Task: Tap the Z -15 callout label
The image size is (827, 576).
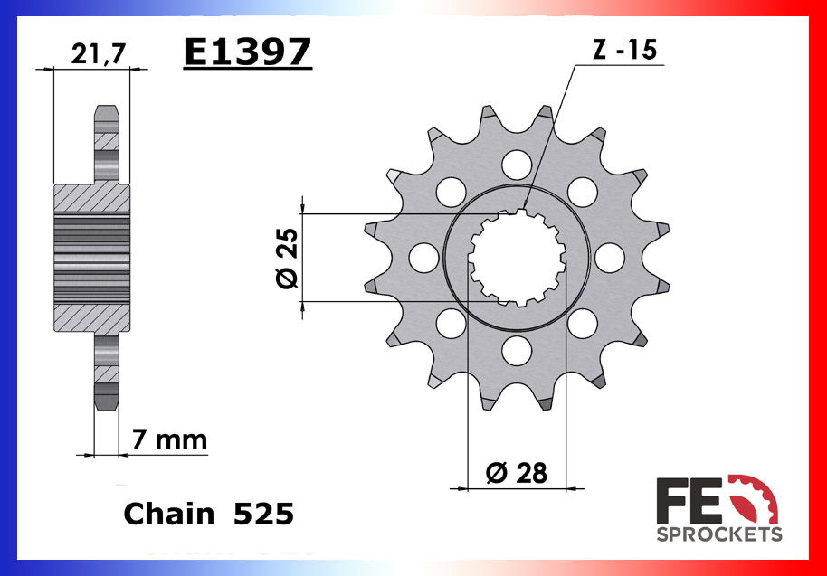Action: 623,51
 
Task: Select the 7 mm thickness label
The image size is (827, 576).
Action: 169,440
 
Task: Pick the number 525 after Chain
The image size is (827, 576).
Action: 263,514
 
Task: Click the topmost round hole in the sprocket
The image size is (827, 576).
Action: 517,165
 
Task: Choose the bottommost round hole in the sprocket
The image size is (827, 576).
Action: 517,350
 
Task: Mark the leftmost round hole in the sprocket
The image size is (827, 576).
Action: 423,258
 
